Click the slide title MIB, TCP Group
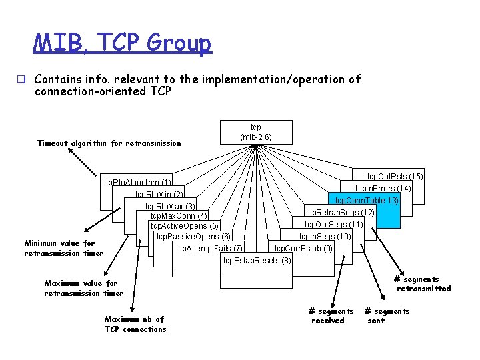[x=123, y=43]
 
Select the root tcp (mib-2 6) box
[x=256, y=132]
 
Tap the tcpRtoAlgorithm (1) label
[x=136, y=183]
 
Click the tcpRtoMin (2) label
[x=159, y=195]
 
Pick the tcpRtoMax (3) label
[x=171, y=207]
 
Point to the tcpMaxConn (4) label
[x=179, y=216]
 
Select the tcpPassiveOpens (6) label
[x=193, y=237]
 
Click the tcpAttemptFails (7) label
[x=209, y=249]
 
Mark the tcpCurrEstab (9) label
[x=303, y=249]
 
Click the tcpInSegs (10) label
[x=325, y=237]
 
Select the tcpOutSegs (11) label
[x=334, y=225]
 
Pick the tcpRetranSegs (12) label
[x=339, y=213]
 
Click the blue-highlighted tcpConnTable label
[x=367, y=201]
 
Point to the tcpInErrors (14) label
[x=383, y=189]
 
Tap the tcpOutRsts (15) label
[x=395, y=177]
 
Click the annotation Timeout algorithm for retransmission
[x=109, y=143]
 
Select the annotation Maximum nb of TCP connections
[x=135, y=324]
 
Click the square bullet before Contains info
[x=21, y=80]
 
